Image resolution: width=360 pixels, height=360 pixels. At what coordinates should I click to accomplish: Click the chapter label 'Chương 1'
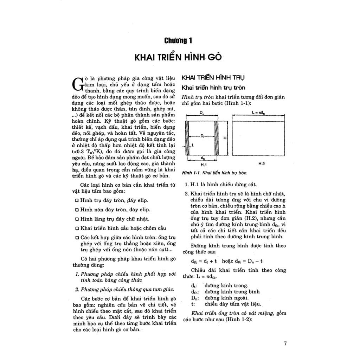(178, 41)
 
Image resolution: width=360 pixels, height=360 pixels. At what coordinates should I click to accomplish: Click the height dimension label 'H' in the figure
(225, 138)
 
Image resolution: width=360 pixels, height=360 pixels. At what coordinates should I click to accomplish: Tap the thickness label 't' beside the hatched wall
(193, 144)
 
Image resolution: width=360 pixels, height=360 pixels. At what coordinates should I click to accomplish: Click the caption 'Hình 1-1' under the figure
(190, 173)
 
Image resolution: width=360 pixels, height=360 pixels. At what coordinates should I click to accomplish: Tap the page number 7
(285, 343)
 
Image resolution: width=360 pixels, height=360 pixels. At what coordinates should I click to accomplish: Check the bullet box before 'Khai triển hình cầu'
(77, 228)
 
